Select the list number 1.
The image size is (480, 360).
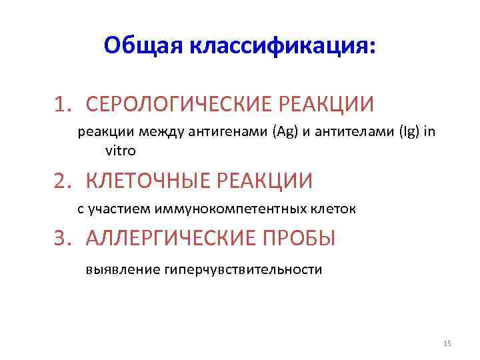[x=62, y=105]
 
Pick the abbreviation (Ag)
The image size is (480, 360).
[x=280, y=131]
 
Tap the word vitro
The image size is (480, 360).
[x=121, y=151]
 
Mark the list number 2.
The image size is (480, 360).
[x=62, y=181]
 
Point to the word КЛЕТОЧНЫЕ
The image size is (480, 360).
[x=143, y=181]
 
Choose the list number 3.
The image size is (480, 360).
[x=62, y=238]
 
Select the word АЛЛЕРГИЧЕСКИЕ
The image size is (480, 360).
[x=169, y=238]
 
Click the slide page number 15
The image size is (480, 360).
[x=447, y=343]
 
